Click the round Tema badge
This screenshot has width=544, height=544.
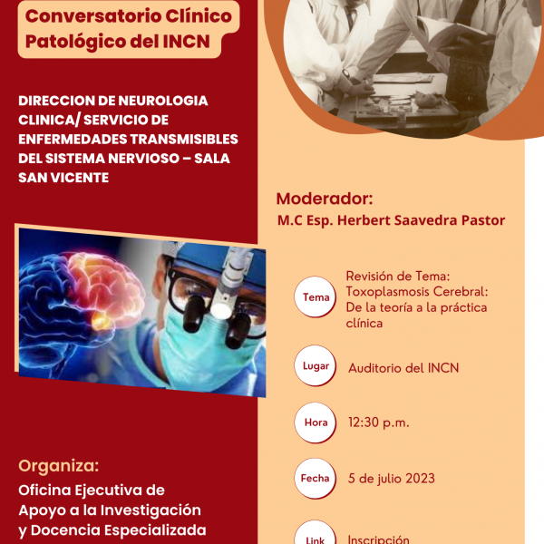click(x=315, y=296)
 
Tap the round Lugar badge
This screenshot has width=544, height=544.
click(x=315, y=365)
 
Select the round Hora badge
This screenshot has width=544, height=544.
click(x=315, y=423)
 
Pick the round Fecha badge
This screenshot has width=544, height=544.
click(x=315, y=479)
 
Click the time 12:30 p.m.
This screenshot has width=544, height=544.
click(x=379, y=423)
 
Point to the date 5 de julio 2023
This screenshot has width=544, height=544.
click(x=392, y=479)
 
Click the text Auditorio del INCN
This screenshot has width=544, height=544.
click(x=403, y=368)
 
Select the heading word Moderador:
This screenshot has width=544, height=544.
click(x=325, y=199)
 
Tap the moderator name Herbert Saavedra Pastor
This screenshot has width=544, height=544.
click(x=421, y=220)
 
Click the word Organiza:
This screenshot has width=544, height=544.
click(x=59, y=466)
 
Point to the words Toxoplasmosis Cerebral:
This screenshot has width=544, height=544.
click(x=417, y=292)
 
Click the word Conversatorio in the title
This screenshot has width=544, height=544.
click(x=92, y=16)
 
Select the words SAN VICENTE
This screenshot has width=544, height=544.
click(x=63, y=178)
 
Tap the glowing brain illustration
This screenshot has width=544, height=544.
click(x=81, y=309)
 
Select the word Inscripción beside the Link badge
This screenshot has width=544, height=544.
click(x=378, y=539)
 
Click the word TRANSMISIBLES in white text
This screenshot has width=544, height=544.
click(x=184, y=139)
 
